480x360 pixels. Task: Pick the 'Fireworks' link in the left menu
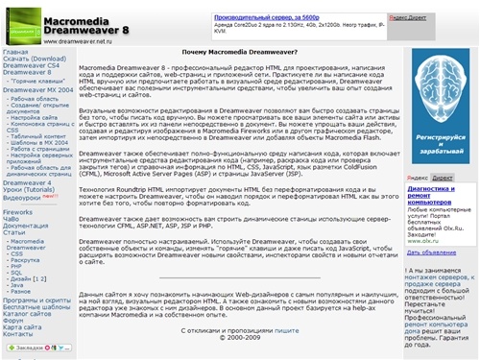[x=18, y=209]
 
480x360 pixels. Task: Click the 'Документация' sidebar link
[x=26, y=224]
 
